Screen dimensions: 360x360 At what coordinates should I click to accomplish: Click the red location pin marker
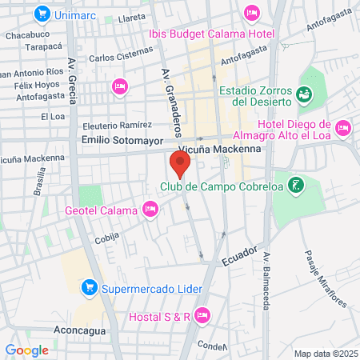click(x=180, y=164)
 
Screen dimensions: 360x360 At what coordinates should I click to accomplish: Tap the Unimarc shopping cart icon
click(x=41, y=14)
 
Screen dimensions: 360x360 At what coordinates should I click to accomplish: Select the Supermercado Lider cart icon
click(x=90, y=287)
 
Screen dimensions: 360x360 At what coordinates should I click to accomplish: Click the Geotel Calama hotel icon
click(x=149, y=210)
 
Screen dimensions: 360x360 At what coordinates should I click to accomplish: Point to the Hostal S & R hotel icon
click(x=202, y=315)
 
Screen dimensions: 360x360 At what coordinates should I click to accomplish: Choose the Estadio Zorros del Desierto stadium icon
click(x=305, y=96)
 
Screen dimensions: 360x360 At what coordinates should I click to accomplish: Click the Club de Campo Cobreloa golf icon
click(x=297, y=186)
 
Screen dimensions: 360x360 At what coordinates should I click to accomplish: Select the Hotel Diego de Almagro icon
click(x=343, y=127)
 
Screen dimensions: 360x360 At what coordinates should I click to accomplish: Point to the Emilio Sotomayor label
click(x=117, y=139)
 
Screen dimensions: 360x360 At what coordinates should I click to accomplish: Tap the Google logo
click(x=27, y=350)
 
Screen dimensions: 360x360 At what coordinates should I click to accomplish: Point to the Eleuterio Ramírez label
click(x=117, y=125)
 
